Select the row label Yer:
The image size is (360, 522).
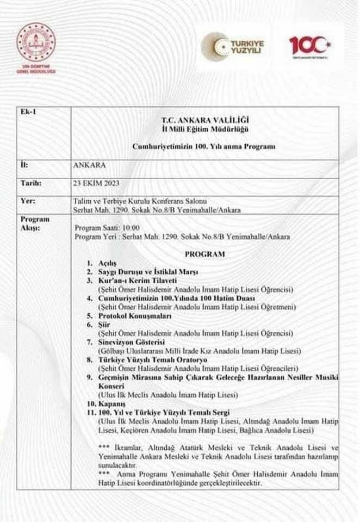tap(28, 201)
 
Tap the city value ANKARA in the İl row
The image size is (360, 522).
tap(89, 163)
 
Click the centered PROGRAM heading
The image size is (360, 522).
tap(204, 254)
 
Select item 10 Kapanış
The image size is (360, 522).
tap(105, 405)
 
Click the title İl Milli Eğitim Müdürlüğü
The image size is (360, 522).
tap(204, 128)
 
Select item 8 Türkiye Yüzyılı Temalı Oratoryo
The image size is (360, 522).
tap(147, 360)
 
